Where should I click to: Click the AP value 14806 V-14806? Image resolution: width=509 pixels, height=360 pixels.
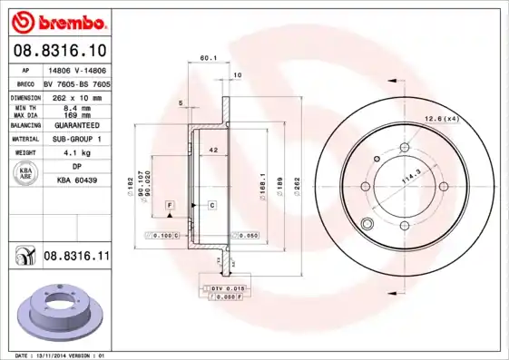point(76,70)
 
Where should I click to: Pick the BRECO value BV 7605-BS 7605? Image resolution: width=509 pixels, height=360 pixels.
point(77,83)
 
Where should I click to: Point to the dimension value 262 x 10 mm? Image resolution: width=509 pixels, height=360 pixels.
point(77,96)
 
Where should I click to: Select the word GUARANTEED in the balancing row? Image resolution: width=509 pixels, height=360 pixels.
point(77,125)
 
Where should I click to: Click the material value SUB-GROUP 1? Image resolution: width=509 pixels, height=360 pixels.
point(77,139)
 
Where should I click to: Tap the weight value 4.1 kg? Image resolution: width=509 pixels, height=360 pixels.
point(77,153)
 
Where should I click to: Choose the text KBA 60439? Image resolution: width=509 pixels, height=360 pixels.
point(77,181)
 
